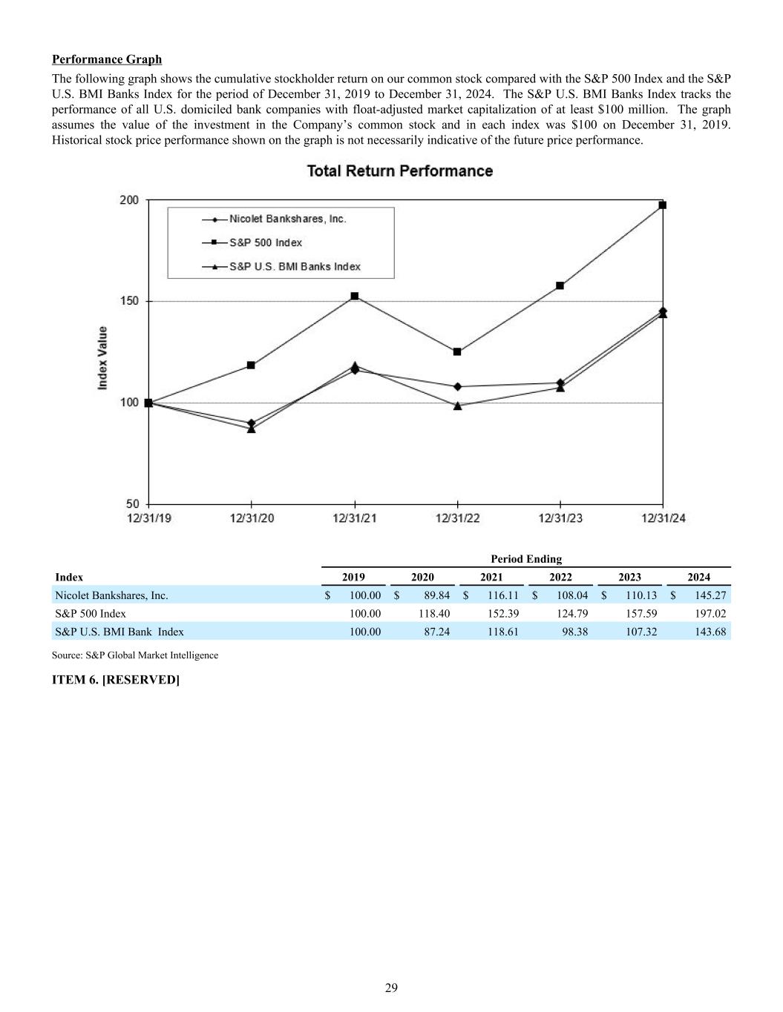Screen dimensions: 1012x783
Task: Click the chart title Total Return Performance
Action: [x=400, y=171]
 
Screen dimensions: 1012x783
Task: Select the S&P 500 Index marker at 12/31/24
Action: [x=663, y=205]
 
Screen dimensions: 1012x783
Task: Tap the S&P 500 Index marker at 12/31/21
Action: [x=355, y=296]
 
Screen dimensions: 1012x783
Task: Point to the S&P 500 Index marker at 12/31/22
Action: [x=457, y=351]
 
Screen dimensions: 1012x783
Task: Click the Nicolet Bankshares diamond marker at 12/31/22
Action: [x=457, y=386]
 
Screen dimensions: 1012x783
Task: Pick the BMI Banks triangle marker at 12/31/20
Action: [x=252, y=429]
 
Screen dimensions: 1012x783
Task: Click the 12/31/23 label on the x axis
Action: [x=560, y=518]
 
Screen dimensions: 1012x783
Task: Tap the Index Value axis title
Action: [x=102, y=358]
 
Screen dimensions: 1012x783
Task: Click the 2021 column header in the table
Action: [x=491, y=577]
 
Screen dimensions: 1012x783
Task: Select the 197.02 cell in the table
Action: [x=710, y=613]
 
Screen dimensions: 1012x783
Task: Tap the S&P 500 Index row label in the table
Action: [x=91, y=613]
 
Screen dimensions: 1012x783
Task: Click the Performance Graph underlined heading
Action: [x=107, y=59]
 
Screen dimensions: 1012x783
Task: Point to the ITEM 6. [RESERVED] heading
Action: [x=116, y=680]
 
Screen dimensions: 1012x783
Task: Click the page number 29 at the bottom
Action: [x=391, y=988]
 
